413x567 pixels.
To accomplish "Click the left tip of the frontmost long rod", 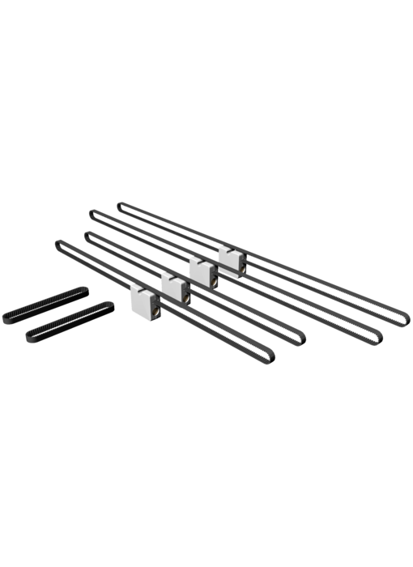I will pos(56,241).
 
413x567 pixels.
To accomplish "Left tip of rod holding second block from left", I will pos(85,234).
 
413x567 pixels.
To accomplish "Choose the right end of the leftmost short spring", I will pos(83,288).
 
